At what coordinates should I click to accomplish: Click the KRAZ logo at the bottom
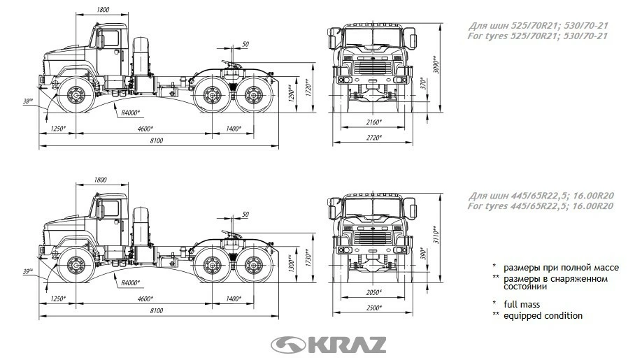click(x=329, y=345)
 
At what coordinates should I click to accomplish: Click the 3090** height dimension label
click(x=436, y=64)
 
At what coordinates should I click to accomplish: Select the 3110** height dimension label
click(x=436, y=235)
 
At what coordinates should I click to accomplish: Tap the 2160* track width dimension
click(x=373, y=122)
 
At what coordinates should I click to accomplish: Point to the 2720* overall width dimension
click(x=373, y=138)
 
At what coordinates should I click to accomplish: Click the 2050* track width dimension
click(x=373, y=292)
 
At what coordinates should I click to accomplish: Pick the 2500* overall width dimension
click(x=373, y=308)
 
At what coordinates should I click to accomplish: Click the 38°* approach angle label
click(x=28, y=101)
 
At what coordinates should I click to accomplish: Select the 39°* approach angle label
click(x=28, y=271)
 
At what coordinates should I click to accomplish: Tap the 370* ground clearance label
click(x=423, y=83)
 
